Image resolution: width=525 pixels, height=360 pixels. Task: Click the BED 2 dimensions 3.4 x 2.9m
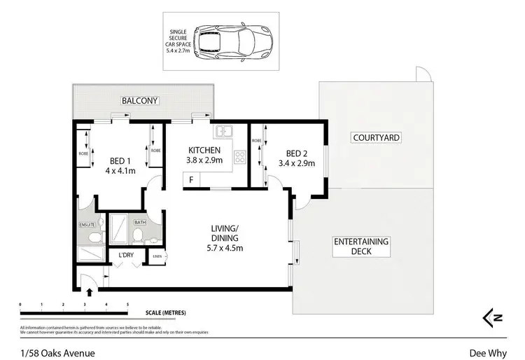pos(297,164)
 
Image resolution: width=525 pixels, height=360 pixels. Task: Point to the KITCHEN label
pos(204,150)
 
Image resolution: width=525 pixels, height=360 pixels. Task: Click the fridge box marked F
pos(191,181)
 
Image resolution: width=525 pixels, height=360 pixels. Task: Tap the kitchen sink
pos(225,131)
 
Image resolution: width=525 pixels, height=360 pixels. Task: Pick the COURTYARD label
pos(376,138)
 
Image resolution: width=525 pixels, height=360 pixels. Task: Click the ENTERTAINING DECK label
pos(361,246)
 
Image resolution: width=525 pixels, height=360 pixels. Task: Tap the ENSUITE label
pos(87,225)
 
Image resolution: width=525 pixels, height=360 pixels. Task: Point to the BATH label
pos(139,222)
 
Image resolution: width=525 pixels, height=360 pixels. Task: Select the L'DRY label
pos(126,255)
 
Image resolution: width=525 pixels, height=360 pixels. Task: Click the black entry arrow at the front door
pos(89,292)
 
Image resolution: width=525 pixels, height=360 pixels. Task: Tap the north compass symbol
pos(492,317)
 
